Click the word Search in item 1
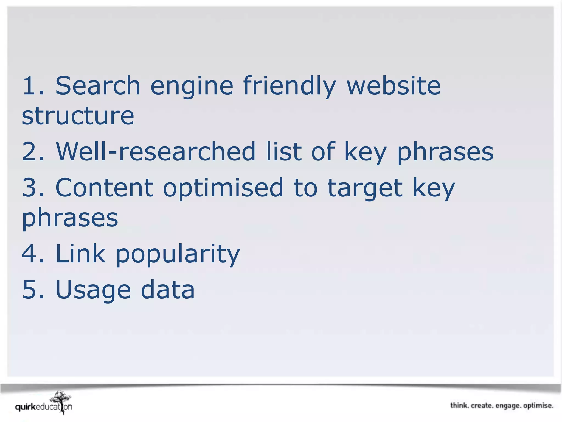[x=98, y=86]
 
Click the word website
[x=394, y=86]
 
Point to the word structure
[x=78, y=116]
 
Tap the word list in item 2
[x=284, y=152]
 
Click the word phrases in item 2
[x=445, y=153]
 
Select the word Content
[x=104, y=188]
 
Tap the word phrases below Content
[x=70, y=219]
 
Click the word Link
[x=80, y=253]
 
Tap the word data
[x=168, y=290]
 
